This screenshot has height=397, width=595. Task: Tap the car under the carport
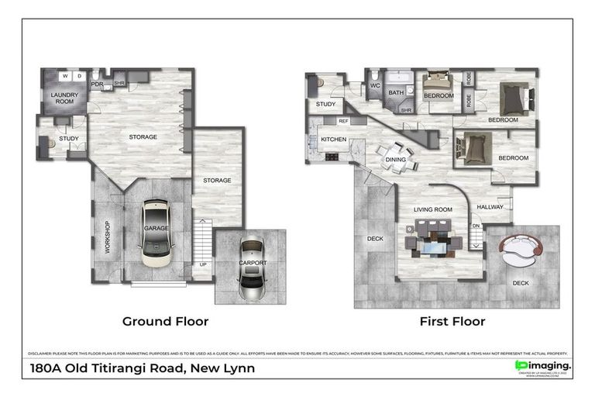click(x=253, y=267)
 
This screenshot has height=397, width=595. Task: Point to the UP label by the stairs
click(x=203, y=264)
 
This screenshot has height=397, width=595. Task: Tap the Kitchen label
click(x=332, y=140)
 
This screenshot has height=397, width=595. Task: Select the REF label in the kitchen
click(x=342, y=122)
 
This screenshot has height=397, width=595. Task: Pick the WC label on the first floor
click(x=374, y=86)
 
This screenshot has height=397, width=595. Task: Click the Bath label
click(x=396, y=93)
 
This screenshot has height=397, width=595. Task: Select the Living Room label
click(x=432, y=209)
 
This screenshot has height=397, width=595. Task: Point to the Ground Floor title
click(x=165, y=320)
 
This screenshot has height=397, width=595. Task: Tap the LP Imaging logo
click(x=543, y=366)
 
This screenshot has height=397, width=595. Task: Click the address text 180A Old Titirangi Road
click(x=142, y=368)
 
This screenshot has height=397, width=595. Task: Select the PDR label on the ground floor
click(x=98, y=85)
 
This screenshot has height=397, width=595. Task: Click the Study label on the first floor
click(x=325, y=103)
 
